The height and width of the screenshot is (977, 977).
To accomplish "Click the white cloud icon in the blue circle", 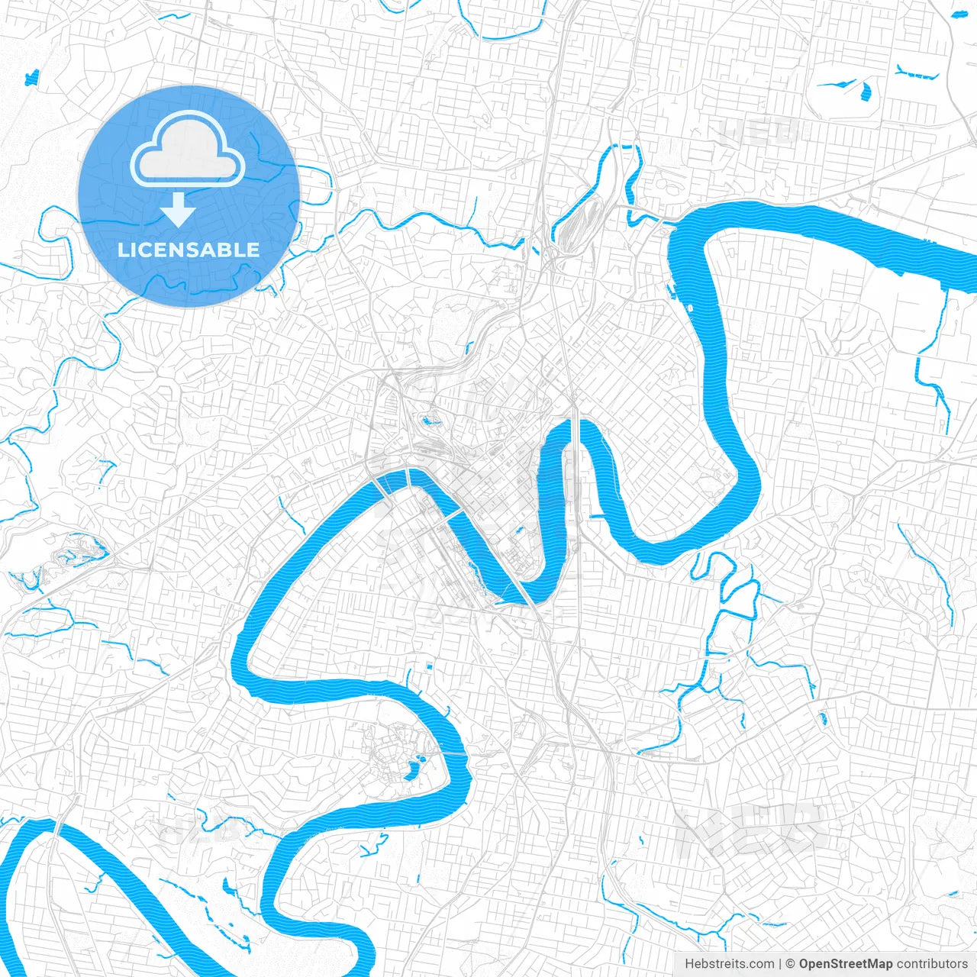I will click(188, 148).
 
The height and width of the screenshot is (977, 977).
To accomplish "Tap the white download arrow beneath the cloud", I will click(178, 210).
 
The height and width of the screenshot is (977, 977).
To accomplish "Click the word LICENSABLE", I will click(189, 250).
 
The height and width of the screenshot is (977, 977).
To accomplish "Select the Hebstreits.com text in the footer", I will click(729, 964).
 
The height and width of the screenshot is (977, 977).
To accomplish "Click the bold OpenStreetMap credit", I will click(846, 964).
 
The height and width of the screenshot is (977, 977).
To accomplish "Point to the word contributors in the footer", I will click(932, 964).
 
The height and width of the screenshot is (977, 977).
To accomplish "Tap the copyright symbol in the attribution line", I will click(791, 964).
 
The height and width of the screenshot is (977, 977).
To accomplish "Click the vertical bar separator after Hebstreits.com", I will click(780, 964).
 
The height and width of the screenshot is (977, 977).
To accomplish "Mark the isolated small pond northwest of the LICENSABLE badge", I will click(32, 77).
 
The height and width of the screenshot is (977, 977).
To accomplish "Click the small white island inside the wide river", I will click(691, 308).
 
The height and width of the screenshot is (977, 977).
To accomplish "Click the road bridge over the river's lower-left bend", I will click(55, 827).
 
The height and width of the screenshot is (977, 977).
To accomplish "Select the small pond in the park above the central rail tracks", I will click(426, 419).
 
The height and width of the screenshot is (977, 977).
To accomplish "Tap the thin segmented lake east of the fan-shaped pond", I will click(917, 74).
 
